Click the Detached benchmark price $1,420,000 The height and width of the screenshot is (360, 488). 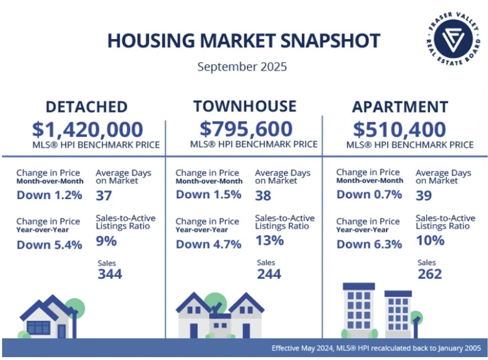(x=87, y=129)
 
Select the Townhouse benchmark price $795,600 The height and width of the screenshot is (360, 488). (x=246, y=129)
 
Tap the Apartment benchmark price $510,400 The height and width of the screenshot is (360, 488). (x=400, y=129)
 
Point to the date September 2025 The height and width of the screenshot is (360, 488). (x=242, y=66)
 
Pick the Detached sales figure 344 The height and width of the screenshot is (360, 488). (x=110, y=274)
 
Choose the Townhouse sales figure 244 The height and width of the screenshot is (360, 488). (x=269, y=274)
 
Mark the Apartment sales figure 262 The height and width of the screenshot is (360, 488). (x=430, y=274)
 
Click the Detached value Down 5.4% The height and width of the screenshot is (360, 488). (x=49, y=245)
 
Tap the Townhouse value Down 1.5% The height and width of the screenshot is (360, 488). (x=208, y=195)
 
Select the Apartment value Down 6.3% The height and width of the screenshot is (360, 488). (x=369, y=244)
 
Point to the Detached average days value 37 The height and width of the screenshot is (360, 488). (x=104, y=195)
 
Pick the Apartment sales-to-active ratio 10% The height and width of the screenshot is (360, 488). (x=430, y=240)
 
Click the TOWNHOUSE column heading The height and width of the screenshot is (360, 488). (x=244, y=106)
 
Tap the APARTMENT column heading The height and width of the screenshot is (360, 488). (x=400, y=107)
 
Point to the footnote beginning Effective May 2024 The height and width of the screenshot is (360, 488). (x=376, y=348)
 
